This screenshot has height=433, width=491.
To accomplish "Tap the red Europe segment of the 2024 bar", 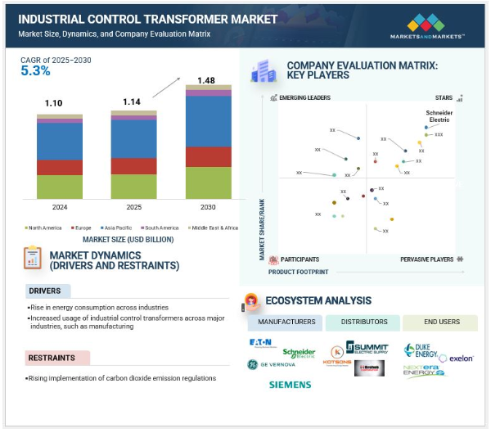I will [59, 167].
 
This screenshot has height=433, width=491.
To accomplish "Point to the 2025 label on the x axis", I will [133, 207].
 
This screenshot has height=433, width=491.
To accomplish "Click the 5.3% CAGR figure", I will [35, 71].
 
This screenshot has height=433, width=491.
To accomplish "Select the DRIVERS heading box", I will [48, 291].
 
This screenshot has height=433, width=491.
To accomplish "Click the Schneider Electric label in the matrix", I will [439, 115].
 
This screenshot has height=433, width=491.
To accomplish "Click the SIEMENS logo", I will [290, 383].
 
